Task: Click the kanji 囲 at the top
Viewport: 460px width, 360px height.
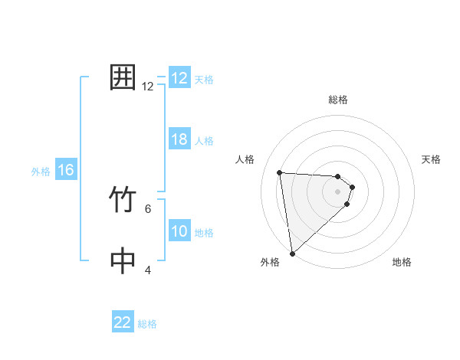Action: pyautogui.click(x=123, y=78)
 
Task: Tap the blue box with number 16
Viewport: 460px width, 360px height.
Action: pyautogui.click(x=65, y=171)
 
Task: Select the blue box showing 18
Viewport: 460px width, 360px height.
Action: pyautogui.click(x=179, y=140)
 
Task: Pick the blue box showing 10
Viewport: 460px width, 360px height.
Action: pyautogui.click(x=179, y=232)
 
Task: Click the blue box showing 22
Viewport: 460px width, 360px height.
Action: pyautogui.click(x=123, y=322)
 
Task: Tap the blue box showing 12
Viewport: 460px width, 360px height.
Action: pyautogui.click(x=179, y=78)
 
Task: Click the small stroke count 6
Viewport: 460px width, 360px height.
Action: pyautogui.click(x=148, y=208)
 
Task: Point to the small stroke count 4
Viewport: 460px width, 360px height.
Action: pyautogui.click(x=148, y=270)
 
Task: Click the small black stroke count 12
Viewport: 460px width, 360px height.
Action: pyautogui.click(x=148, y=87)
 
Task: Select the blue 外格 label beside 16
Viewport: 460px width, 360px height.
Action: pyautogui.click(x=41, y=172)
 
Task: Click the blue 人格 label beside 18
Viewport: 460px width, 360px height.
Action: pyautogui.click(x=204, y=141)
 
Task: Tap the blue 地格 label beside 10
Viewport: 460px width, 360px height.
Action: pyautogui.click(x=204, y=233)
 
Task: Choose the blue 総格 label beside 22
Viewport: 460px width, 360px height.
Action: pyautogui.click(x=147, y=324)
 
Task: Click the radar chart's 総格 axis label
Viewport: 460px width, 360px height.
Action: pyautogui.click(x=338, y=100)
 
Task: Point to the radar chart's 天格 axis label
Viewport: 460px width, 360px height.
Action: pyautogui.click(x=432, y=159)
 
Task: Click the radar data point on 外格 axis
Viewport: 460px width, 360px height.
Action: pyautogui.click(x=293, y=254)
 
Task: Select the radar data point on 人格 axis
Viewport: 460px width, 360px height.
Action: pyautogui.click(x=280, y=172)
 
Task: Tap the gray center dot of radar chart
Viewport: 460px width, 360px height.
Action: pyautogui.click(x=338, y=191)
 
